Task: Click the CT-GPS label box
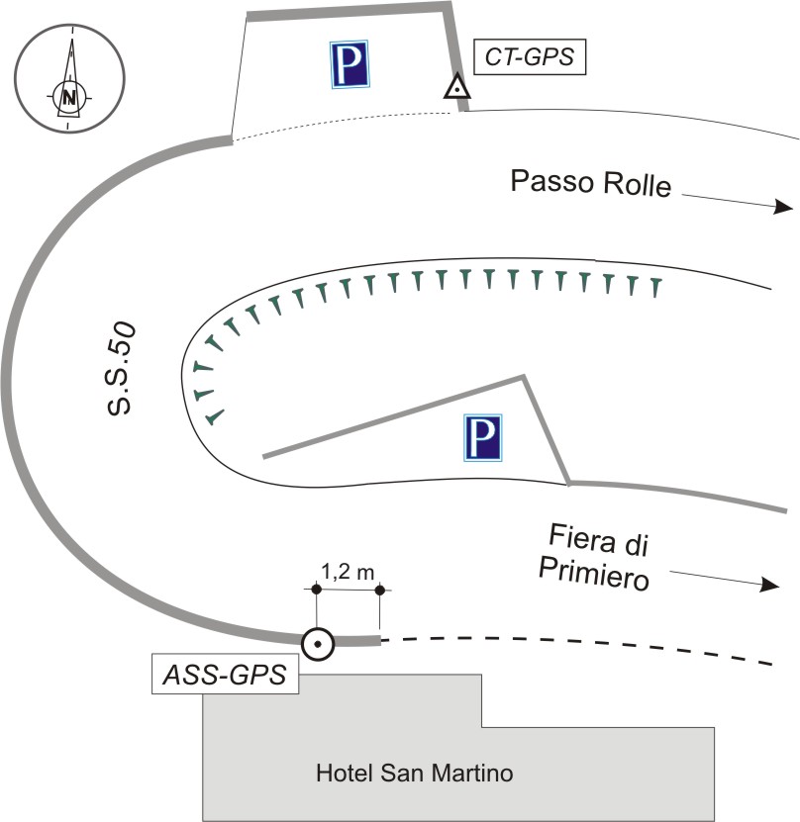point(530,58)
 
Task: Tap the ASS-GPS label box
point(225,677)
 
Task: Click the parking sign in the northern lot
point(350,65)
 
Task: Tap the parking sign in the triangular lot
point(481,438)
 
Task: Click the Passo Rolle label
point(590,184)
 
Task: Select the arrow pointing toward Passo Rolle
point(737,202)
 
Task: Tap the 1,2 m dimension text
point(348,570)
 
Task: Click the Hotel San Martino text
point(414,773)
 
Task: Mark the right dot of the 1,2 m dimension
point(380,591)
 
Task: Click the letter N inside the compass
point(68,97)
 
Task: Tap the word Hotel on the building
point(341,773)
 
